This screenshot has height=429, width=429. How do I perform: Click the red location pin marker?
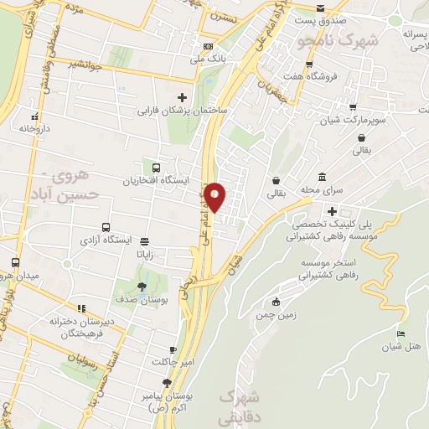point(215,196)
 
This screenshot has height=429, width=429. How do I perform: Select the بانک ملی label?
point(209,59)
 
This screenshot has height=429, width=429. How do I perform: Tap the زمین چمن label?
point(277,316)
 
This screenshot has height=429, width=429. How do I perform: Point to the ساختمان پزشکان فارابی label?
point(182,110)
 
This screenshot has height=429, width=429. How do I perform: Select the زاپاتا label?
point(145,254)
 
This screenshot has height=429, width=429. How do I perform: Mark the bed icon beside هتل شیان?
point(401,334)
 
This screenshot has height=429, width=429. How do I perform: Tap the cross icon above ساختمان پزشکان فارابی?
point(182,97)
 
